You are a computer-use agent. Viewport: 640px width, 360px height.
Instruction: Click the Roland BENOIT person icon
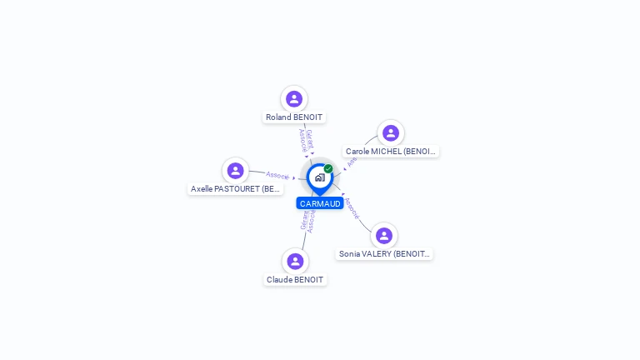pos(293,99)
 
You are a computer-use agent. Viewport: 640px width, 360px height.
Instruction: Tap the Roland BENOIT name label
pos(294,117)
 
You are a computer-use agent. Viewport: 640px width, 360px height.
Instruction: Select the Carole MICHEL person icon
pos(390,133)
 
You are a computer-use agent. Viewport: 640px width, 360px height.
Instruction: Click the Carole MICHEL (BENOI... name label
pos(391,152)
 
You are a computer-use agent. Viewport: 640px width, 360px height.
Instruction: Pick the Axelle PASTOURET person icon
pos(235,171)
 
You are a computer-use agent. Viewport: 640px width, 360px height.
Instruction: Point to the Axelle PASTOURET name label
pos(236,189)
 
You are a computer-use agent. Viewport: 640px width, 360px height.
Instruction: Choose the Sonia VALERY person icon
pos(383,236)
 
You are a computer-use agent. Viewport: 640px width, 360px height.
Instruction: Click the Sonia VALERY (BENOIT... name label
pos(384,254)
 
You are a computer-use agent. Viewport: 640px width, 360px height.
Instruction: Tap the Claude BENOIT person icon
pos(294,262)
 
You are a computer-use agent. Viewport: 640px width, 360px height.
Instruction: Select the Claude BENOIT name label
pos(295,280)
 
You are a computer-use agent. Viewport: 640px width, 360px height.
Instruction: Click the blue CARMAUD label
pos(320,203)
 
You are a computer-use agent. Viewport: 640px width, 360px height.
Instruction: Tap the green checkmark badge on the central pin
pos(328,169)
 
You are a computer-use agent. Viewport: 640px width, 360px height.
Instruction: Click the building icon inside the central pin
pos(319,177)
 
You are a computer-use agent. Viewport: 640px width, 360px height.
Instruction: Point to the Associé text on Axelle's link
pos(277,176)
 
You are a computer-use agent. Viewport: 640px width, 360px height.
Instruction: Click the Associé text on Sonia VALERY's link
pos(352,208)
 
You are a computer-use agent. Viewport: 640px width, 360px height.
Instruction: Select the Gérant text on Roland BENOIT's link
pos(309,139)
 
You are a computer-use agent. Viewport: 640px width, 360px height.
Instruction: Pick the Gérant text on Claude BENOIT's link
pos(304,219)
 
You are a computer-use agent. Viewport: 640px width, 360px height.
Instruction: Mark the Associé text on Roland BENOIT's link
pos(302,141)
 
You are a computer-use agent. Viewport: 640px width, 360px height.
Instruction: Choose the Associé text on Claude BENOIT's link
pos(311,221)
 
